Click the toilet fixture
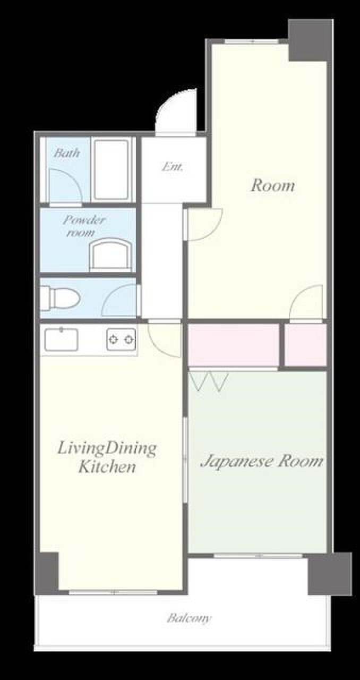pos(60,298)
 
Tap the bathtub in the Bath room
pos(112,169)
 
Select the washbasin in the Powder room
pos(112,255)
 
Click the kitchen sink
pos(61,339)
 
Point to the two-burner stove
pos(121,339)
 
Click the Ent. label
pos(173,167)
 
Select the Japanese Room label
pos(262,462)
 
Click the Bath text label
pos(67,152)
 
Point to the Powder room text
pos(84,226)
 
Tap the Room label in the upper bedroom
pos(272,185)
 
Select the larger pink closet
pos(234,345)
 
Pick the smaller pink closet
pos(306,345)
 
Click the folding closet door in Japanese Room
pos(209,381)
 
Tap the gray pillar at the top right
pos(311,40)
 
